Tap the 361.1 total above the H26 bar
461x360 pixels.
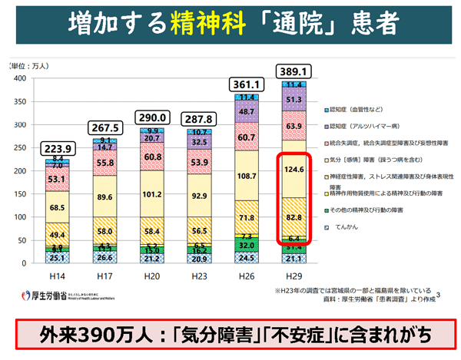click(x=247, y=82)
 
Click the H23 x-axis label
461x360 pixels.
click(x=199, y=275)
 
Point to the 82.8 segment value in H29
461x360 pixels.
click(x=296, y=219)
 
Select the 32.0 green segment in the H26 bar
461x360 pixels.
click(x=247, y=246)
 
